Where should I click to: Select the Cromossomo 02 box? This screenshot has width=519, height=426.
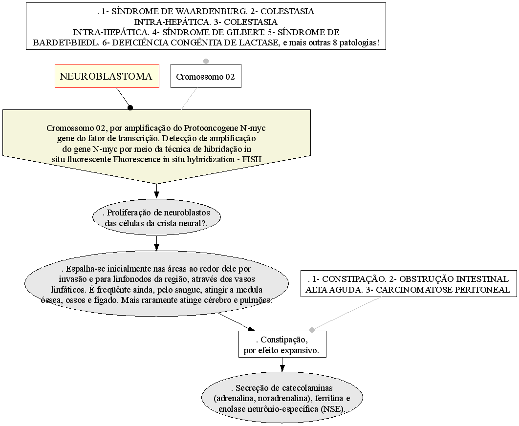205,77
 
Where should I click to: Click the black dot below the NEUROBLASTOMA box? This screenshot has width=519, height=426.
130,107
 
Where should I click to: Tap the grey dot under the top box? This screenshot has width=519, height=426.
206,61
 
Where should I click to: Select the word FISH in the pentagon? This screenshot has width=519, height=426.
251,159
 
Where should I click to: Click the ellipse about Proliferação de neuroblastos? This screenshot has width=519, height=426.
156,217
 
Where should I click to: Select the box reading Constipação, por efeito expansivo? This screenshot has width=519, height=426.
282,344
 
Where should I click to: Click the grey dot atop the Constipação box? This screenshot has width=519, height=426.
312,330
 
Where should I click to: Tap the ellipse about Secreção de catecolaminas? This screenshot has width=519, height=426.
282,398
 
